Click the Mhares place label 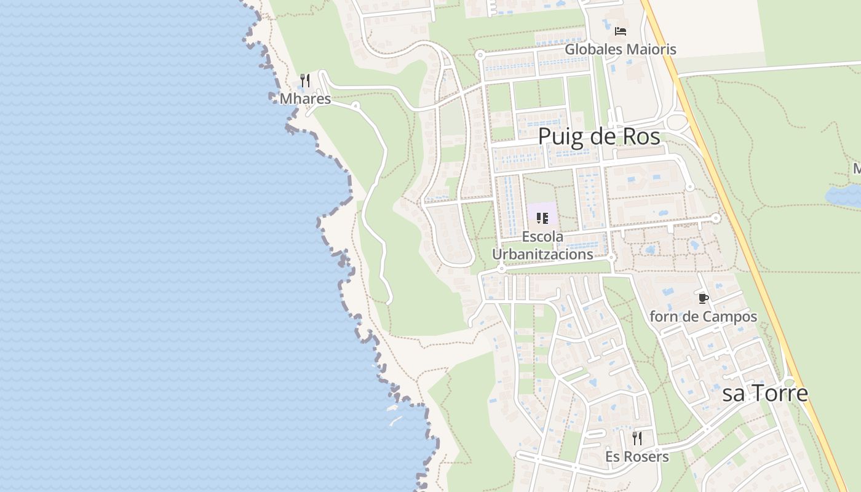[305, 99]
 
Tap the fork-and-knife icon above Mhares [304, 81]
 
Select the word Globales [590, 49]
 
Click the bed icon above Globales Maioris [621, 31]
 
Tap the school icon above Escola [542, 218]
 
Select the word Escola [542, 237]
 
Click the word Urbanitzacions [542, 254]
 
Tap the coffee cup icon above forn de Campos [704, 299]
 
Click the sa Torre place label [764, 393]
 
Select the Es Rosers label [637, 457]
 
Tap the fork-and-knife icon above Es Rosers [637, 438]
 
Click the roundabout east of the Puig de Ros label [677, 122]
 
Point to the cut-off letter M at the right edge [856, 169]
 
